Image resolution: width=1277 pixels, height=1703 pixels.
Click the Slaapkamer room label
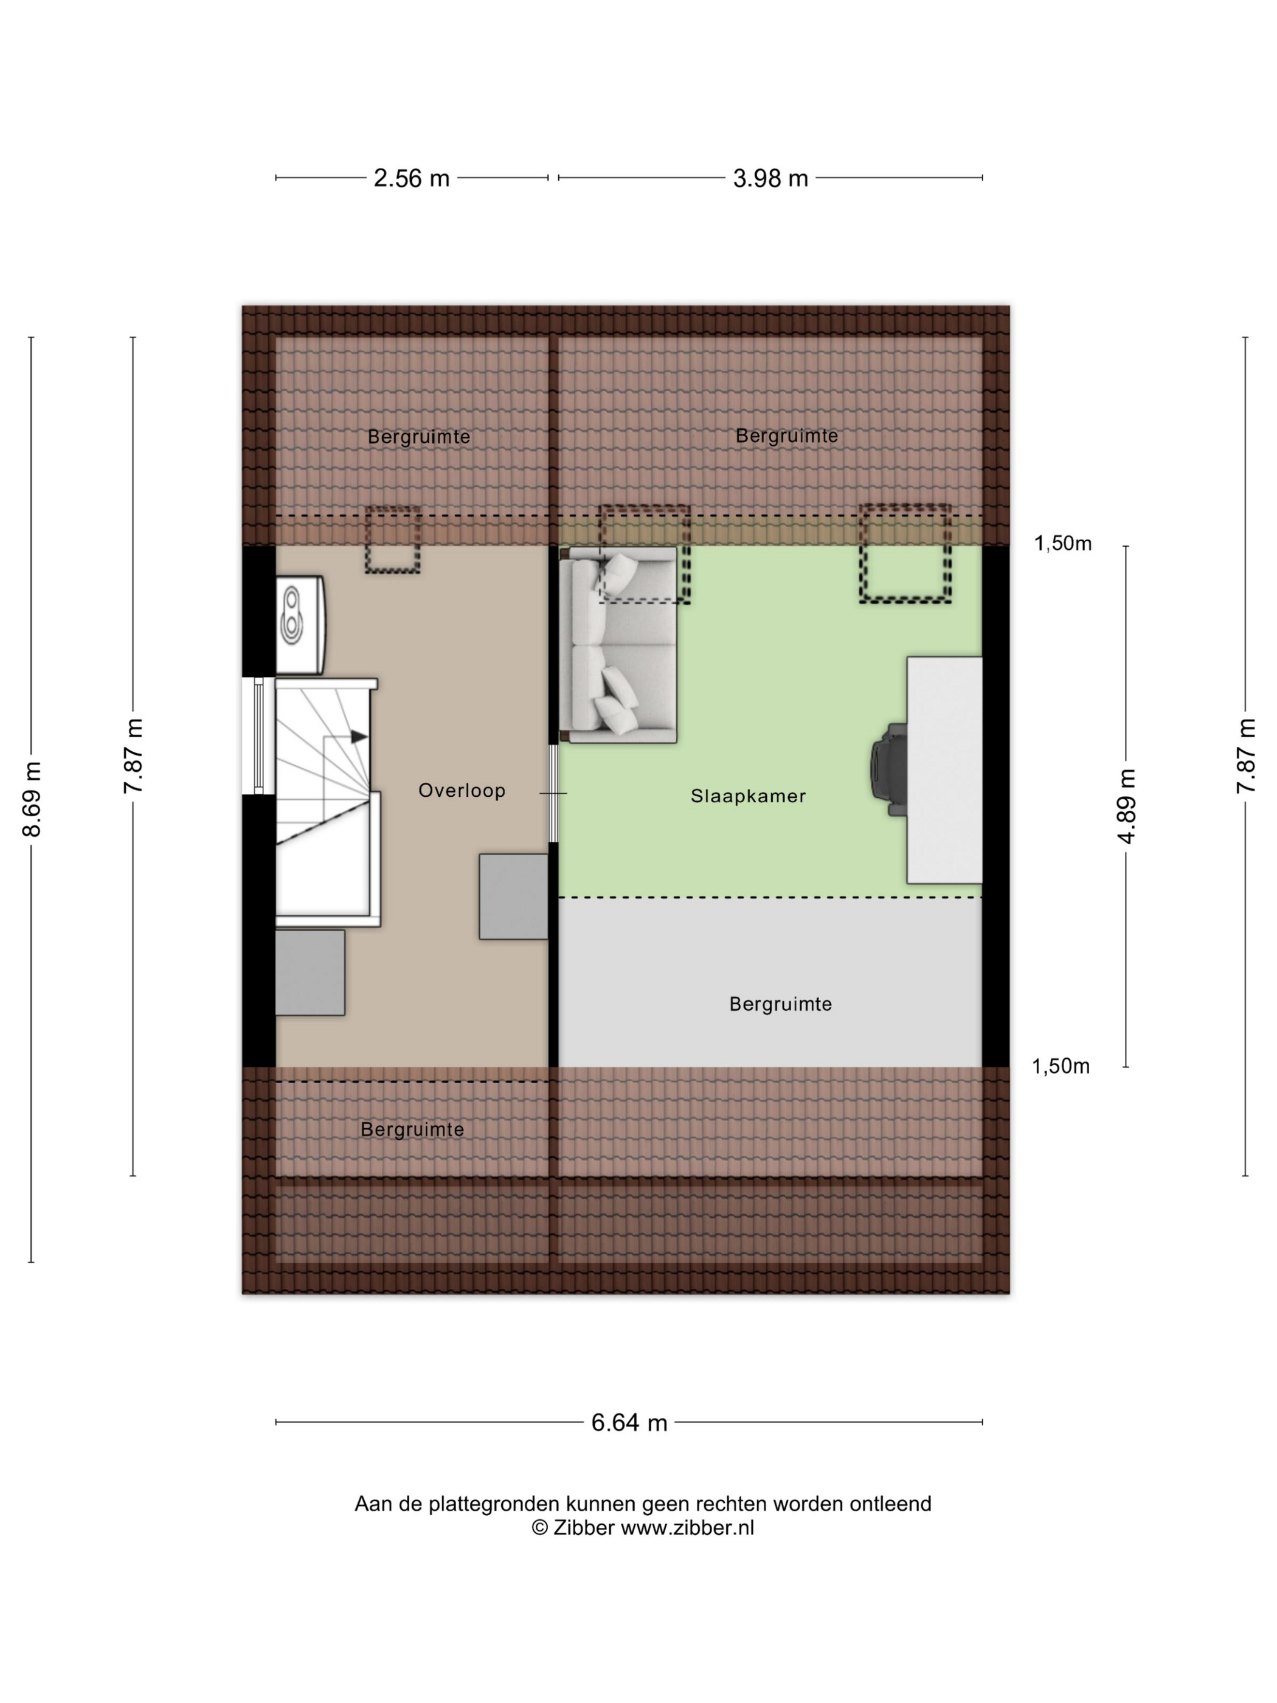point(747,796)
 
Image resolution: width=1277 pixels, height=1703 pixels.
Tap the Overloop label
point(462,791)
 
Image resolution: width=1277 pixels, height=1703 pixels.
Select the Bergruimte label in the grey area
point(781,1004)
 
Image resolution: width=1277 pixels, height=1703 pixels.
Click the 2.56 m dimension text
point(411,179)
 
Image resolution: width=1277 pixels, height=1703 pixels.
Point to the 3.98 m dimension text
point(770,179)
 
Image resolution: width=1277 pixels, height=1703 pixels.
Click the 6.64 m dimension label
point(629,1423)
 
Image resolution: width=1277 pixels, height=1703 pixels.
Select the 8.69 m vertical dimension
point(32,799)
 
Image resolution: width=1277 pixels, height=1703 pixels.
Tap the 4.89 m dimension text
point(1126,806)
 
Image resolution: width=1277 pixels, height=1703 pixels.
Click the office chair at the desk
point(889,769)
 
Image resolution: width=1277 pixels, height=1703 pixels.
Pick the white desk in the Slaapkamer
point(944,770)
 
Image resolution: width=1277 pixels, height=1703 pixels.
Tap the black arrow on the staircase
point(359,737)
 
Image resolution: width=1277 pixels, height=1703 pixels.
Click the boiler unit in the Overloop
point(300,625)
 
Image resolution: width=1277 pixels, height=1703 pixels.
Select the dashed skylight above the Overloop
point(393,539)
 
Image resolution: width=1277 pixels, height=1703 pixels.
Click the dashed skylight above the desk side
point(905,553)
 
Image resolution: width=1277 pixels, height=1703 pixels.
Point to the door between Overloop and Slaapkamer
point(553,793)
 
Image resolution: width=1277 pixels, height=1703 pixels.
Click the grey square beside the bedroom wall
point(513,896)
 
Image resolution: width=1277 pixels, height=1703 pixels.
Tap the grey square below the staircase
point(310,973)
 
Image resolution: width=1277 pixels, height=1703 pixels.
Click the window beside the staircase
point(258,736)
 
